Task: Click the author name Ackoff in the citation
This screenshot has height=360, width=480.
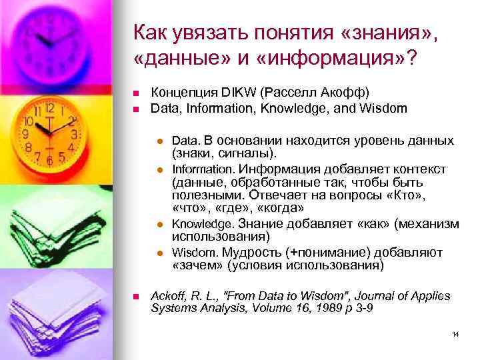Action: (168, 296)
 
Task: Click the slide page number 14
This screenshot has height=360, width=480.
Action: (455, 333)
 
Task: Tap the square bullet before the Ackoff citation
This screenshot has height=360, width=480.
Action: (135, 296)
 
